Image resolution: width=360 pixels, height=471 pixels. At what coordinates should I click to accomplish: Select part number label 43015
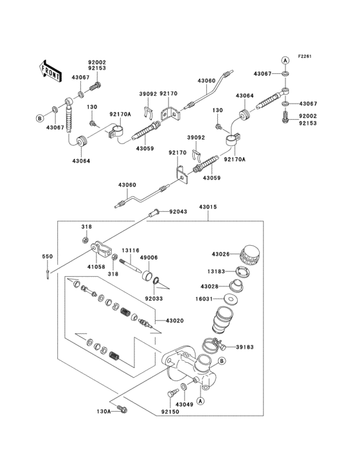coord(208,207)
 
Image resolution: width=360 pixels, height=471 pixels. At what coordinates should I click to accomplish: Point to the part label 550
coord(47,257)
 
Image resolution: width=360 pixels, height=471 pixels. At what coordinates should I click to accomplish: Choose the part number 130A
coord(104,410)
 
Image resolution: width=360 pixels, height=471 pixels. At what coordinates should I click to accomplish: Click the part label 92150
coord(170,410)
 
